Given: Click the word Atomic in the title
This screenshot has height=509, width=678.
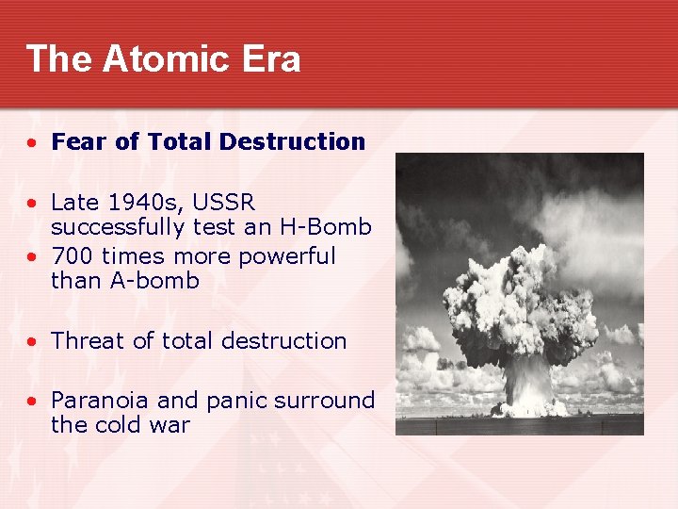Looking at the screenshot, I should (162, 58).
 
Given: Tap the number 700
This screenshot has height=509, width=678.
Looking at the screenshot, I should (74, 255).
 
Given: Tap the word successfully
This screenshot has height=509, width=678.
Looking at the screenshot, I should (119, 227).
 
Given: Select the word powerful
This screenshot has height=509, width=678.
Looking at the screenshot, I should (288, 255).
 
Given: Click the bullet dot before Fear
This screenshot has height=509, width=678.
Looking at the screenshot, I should (33, 143).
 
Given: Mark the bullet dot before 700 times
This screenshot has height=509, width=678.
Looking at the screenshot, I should (33, 256).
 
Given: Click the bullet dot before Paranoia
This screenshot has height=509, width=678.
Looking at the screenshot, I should (33, 402).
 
